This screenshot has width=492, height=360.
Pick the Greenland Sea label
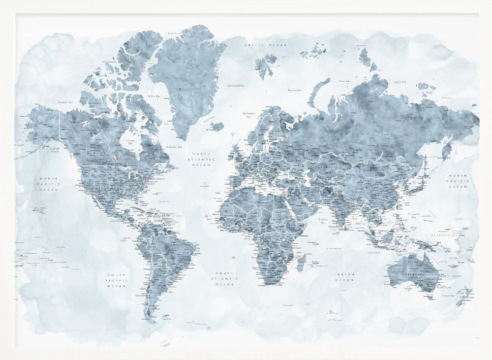point(236,85)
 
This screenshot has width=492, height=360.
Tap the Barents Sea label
point(295,90)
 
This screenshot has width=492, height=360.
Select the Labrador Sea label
point(174,146)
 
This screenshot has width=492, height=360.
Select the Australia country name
point(409,272)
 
